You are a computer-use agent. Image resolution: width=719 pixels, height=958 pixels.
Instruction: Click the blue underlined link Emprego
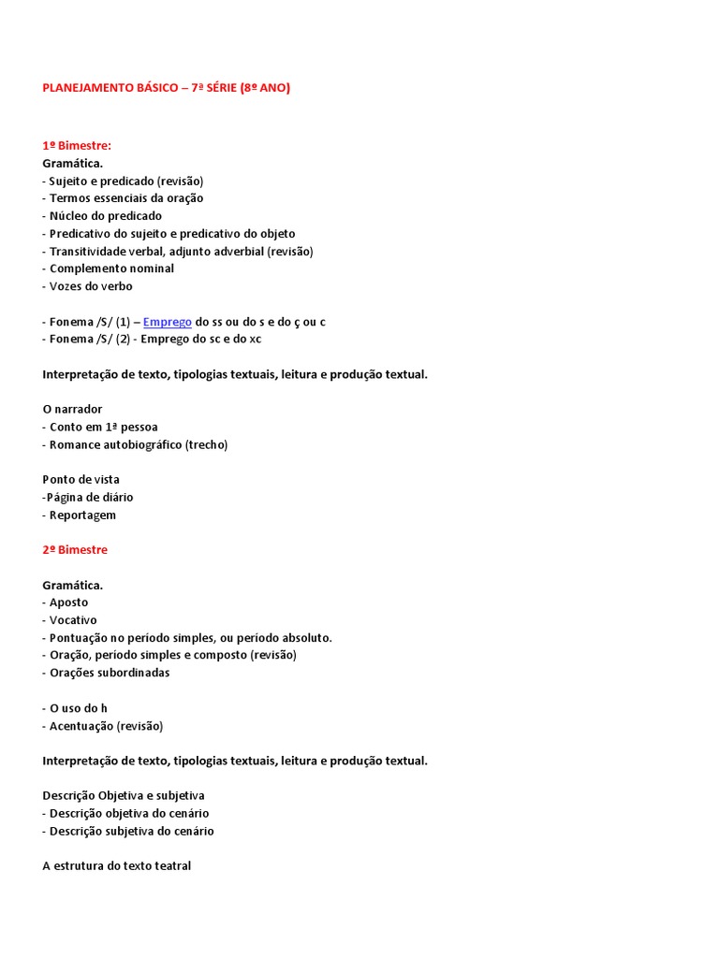point(167,322)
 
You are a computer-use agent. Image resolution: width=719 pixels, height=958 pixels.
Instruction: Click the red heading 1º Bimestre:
point(77,146)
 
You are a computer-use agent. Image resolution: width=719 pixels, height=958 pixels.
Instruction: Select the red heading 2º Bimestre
point(75,550)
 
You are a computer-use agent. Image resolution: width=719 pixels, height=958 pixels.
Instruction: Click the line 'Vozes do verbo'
point(91,286)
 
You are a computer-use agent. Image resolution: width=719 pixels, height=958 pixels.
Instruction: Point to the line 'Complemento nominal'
point(111,269)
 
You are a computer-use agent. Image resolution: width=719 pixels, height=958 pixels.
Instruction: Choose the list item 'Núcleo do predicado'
point(105,216)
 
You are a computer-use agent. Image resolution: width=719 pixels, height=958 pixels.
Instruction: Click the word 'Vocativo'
point(73,620)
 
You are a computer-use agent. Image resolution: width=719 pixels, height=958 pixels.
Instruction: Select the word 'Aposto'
point(68,602)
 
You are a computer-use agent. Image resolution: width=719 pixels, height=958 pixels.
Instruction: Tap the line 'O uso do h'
point(79,708)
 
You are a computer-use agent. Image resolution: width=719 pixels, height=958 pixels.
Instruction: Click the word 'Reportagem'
point(82,515)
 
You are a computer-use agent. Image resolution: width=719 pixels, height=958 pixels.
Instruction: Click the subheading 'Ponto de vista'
point(81,480)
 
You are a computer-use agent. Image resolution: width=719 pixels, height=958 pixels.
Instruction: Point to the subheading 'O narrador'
point(72,410)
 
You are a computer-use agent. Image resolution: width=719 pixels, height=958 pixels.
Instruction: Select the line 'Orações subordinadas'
point(110,673)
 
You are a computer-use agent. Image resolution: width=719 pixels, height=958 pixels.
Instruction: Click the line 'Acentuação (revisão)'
point(106,726)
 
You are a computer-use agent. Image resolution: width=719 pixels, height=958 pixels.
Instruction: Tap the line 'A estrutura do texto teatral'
point(117,866)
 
